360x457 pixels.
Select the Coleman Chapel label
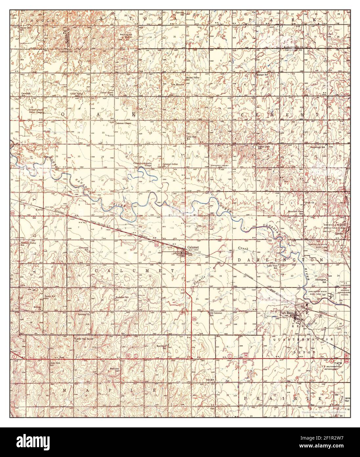(x=124, y=123)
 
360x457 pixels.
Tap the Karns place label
(x=40, y=209)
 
